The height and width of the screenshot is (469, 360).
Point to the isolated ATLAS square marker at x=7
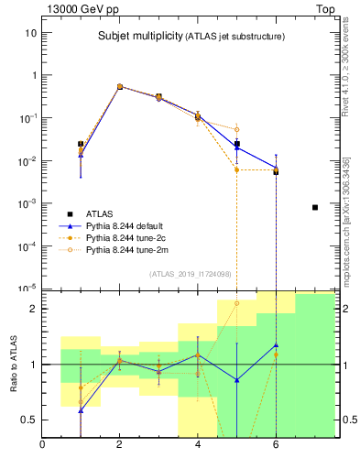tap(315, 207)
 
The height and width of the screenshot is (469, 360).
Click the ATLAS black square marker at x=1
tap(81, 144)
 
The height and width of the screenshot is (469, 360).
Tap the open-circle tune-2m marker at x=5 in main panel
tap(236, 129)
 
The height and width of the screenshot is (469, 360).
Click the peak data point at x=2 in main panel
tap(119, 86)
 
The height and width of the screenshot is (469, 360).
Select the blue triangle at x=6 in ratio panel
tap(276, 345)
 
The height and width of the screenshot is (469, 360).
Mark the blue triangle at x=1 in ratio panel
tap(81, 410)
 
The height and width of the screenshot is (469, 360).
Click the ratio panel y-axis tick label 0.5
tap(28, 420)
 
